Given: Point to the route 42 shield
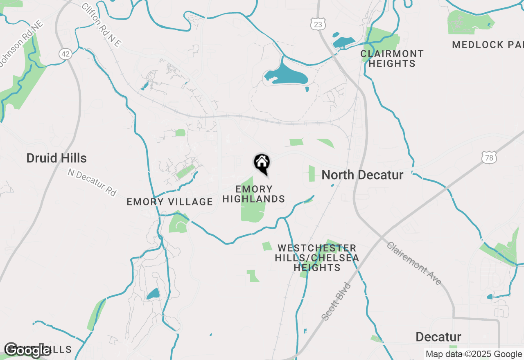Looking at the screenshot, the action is [x=65, y=54].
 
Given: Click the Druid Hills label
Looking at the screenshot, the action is [x=56, y=158].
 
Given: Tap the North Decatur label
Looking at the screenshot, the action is [x=362, y=175].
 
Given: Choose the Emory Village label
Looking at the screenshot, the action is [x=169, y=202].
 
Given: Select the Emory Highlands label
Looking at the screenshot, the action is [x=254, y=194].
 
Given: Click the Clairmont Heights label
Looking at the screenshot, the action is [x=392, y=59].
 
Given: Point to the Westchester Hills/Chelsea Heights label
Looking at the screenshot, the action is [x=317, y=258].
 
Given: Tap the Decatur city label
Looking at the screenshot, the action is [x=438, y=337].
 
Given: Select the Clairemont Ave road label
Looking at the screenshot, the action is [x=414, y=263].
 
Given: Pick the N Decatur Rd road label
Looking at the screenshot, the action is [x=92, y=182].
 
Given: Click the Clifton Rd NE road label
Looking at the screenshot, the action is [x=102, y=25].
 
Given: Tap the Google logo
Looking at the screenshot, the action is [x=28, y=350].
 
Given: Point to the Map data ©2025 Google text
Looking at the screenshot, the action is [x=474, y=354].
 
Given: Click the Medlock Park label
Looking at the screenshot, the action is [x=488, y=45].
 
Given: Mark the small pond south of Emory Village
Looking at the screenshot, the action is [x=153, y=294].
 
